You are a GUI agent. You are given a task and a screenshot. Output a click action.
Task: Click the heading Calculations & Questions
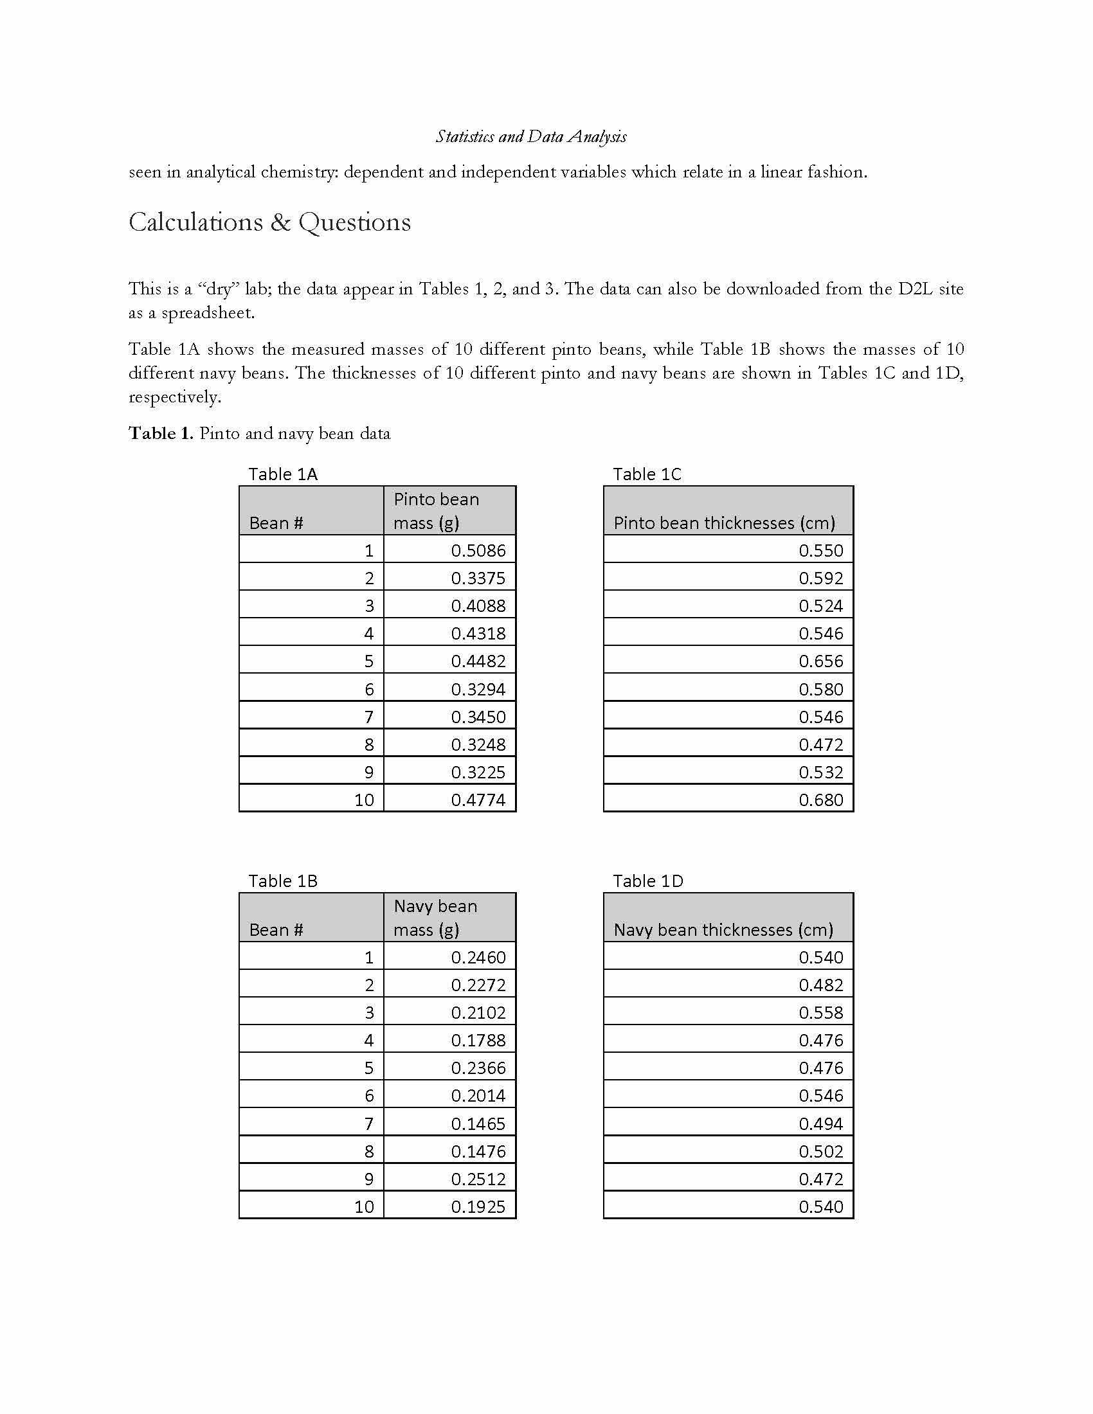(269, 222)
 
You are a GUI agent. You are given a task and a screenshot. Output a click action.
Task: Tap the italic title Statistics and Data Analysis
(530, 137)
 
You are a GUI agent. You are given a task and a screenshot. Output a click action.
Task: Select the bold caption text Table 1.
(161, 433)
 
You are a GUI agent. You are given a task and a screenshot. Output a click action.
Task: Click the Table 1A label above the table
(283, 474)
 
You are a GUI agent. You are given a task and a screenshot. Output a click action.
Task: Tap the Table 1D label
(647, 881)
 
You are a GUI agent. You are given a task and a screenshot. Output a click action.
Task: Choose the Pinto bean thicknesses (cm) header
(724, 523)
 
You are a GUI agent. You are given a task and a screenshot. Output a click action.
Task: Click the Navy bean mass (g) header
(435, 917)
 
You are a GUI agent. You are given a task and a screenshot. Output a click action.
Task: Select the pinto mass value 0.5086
(478, 550)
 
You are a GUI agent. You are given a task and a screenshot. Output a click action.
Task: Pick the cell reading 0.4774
(478, 800)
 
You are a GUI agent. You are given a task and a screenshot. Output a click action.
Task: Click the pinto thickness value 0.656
(820, 661)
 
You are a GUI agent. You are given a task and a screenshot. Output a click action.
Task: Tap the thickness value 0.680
(820, 800)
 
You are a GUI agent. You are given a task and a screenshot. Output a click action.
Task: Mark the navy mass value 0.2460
(478, 957)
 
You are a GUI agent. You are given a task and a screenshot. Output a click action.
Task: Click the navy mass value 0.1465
(478, 1123)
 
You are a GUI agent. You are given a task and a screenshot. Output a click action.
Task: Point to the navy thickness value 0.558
(820, 1012)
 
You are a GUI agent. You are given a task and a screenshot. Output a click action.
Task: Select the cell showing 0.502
(820, 1151)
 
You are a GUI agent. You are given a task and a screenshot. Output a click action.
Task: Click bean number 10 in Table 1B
(364, 1207)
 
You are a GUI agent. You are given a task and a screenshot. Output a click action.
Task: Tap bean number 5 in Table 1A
(368, 661)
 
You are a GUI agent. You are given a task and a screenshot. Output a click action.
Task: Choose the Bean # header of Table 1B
(276, 930)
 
